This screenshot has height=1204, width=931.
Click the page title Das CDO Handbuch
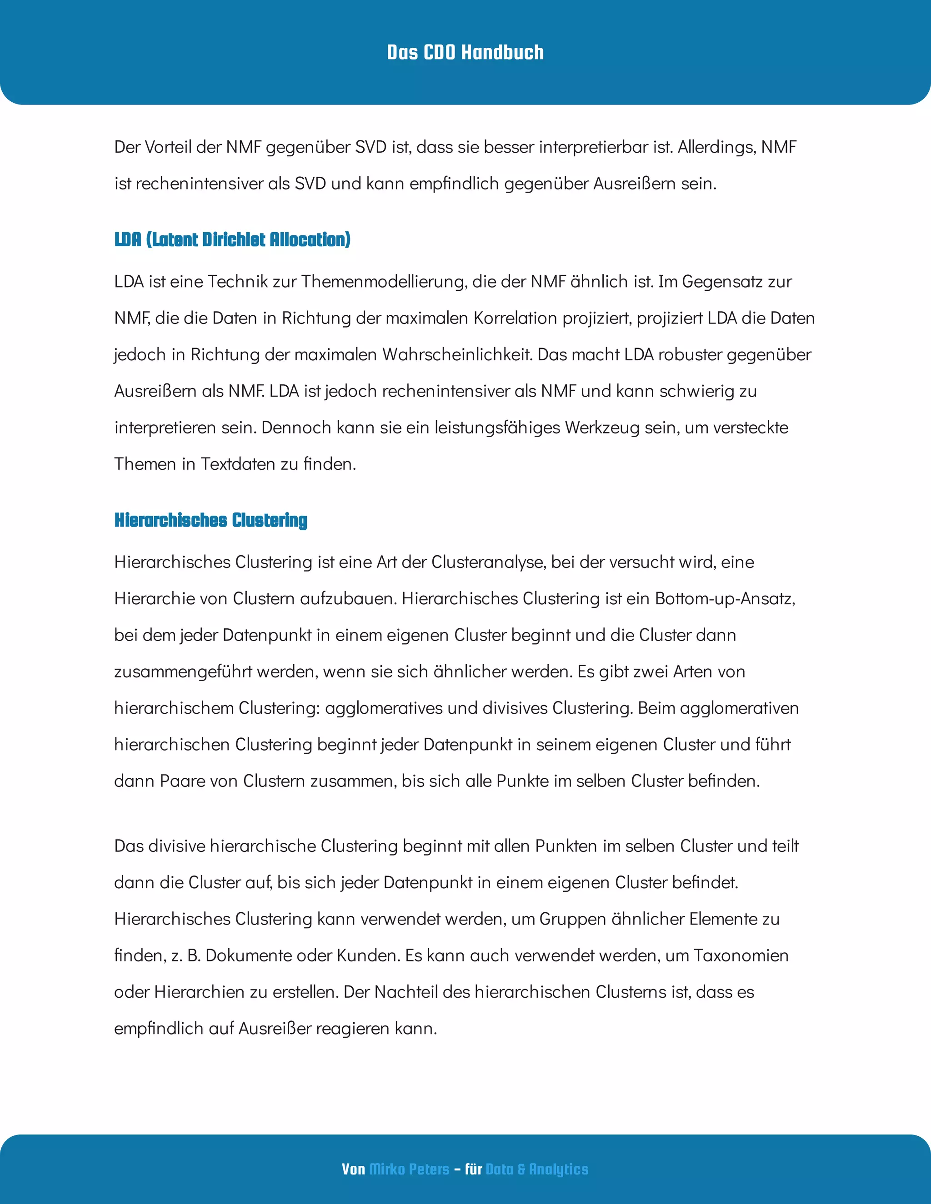[x=465, y=52]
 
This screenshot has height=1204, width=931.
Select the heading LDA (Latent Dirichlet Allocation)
[x=232, y=240]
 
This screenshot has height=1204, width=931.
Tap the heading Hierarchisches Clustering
[x=210, y=520]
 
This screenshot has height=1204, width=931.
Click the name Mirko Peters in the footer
[x=409, y=1169]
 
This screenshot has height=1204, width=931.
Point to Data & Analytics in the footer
[x=537, y=1169]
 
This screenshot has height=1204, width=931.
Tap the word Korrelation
[x=516, y=318]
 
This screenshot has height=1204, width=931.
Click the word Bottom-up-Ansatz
[x=725, y=599]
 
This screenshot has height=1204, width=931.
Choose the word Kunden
[x=368, y=955]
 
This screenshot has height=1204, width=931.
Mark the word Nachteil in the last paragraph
[x=406, y=992]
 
